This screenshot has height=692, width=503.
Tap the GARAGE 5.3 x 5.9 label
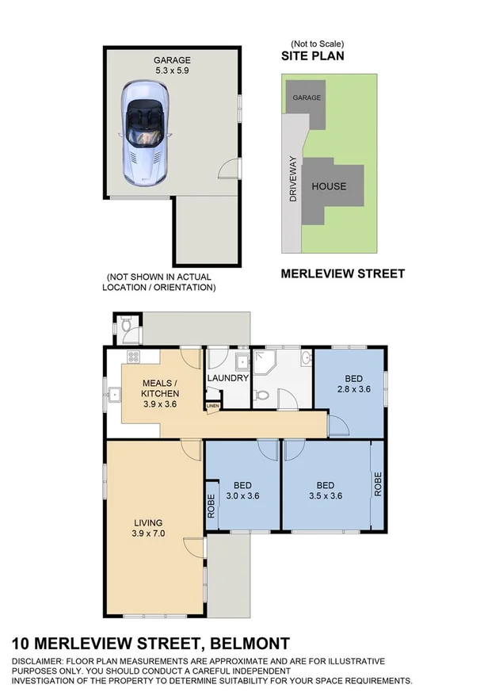tap(171, 65)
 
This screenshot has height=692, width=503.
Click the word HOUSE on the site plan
tap(329, 187)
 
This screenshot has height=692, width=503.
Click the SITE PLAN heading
tap(314, 57)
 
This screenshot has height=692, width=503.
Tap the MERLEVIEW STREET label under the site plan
tap(343, 274)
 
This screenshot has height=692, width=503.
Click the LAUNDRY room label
tap(228, 378)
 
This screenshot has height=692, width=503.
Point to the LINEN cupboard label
tap(211, 407)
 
